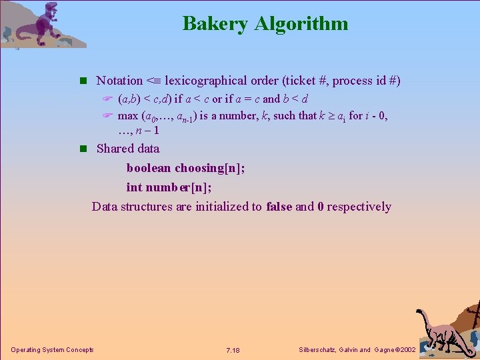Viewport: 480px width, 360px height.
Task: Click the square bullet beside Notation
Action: coord(83,81)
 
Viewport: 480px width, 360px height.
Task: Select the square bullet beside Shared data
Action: coord(83,149)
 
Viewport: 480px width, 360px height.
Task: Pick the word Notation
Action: coord(119,81)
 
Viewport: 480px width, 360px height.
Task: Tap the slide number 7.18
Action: coord(233,350)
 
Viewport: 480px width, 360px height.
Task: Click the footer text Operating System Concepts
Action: coord(52,350)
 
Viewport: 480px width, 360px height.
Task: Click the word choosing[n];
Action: coord(209,168)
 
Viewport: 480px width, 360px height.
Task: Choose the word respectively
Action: coord(359,207)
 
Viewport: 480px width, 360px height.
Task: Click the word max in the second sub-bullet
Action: coord(127,115)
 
